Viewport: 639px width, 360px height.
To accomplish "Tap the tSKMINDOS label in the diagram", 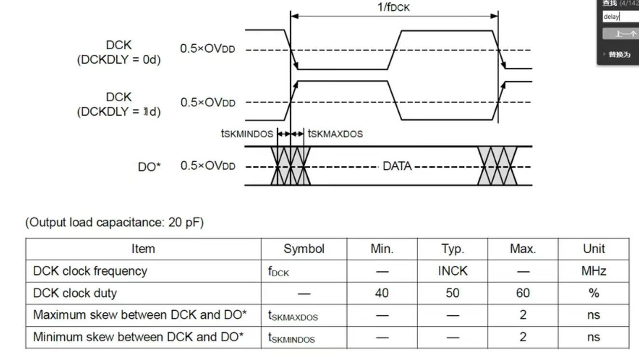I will (x=246, y=134).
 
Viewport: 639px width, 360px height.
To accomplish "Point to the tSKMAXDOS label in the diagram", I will (x=335, y=134).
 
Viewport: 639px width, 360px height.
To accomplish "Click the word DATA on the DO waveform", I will (x=397, y=166).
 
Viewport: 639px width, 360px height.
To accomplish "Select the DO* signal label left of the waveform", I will (x=149, y=167).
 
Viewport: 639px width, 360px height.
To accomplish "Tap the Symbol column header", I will (x=304, y=249).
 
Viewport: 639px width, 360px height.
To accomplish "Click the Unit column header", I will (x=594, y=249).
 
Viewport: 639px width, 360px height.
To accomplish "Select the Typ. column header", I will (x=452, y=249).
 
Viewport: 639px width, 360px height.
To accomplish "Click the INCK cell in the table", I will (x=452, y=271).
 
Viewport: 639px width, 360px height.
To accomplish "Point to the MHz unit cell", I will (x=594, y=271).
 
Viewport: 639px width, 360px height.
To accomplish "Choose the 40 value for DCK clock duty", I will (x=382, y=293).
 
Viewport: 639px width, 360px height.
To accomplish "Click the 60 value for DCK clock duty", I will (x=523, y=293).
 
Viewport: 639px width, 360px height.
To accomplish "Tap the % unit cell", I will (x=594, y=293).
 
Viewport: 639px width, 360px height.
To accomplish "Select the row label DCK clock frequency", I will (x=90, y=271).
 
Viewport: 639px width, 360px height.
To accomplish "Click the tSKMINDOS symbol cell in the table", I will (x=291, y=338).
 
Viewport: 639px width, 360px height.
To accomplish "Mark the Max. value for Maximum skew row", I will (x=523, y=315).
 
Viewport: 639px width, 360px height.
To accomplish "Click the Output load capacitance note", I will (x=114, y=223).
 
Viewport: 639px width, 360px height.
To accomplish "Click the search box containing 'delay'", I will (x=620, y=17).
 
